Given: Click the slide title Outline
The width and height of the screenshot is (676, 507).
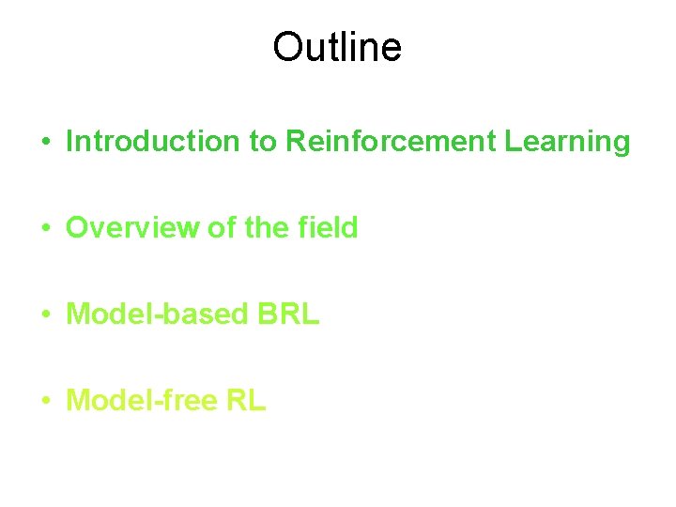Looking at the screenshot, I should coord(337,46).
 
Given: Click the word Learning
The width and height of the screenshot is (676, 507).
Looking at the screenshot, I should coord(567,142).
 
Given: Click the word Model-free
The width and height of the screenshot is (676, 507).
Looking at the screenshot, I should coord(141,401).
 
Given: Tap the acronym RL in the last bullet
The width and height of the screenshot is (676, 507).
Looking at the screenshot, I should coord(246,401).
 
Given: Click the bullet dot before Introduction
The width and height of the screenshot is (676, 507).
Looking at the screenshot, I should coord(45,143).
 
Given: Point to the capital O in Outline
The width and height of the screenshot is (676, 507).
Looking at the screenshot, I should coord(286,46).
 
